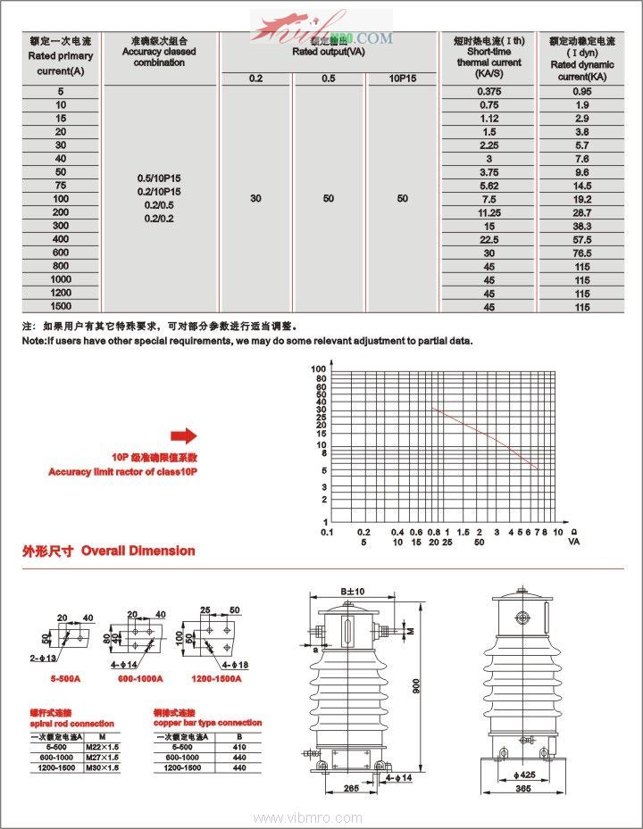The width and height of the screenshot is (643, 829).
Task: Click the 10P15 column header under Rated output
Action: [x=403, y=79]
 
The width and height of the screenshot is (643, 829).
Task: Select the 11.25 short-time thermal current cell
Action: [x=489, y=212]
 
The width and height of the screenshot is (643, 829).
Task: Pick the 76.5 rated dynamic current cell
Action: [x=582, y=253]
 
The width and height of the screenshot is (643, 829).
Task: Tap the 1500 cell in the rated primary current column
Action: [x=61, y=306]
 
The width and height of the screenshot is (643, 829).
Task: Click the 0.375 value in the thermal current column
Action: [x=489, y=92]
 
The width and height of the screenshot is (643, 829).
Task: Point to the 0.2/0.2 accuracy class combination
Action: [x=157, y=218]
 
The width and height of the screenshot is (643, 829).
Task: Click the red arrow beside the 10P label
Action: [x=183, y=435]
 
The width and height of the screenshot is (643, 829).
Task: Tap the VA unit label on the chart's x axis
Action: [x=574, y=542]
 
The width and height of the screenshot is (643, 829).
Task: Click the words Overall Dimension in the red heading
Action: [x=138, y=551]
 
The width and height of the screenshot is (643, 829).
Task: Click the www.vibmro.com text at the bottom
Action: [x=308, y=818]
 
